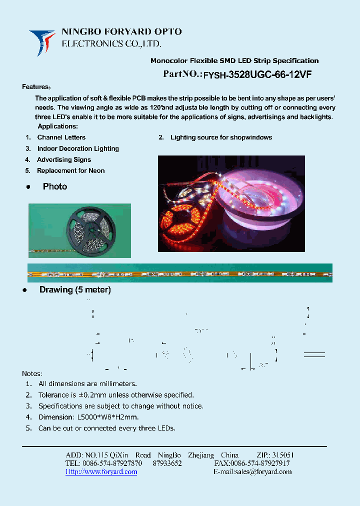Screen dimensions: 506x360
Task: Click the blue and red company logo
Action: pos(42,42)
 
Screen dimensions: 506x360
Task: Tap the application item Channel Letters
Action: pos(61,137)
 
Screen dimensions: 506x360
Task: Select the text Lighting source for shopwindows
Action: pos(221,137)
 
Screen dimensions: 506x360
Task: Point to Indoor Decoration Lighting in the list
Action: pos(78,148)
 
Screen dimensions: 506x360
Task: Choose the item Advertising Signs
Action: pos(64,160)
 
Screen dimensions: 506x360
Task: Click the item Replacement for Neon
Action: pos(71,171)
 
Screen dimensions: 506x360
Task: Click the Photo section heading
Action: pos(54,186)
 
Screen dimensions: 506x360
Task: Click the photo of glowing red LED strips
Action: pos(231,203)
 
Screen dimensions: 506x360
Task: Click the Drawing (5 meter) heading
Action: pos(75,290)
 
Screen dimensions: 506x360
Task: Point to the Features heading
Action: pos(36,87)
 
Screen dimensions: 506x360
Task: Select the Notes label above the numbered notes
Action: pos(32,373)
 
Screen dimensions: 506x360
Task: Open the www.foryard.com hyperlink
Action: pos(101,472)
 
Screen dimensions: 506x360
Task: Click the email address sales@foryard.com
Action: pos(260,472)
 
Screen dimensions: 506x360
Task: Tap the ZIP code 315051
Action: pos(282,455)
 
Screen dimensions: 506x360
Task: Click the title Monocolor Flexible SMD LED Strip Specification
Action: pos(234,61)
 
